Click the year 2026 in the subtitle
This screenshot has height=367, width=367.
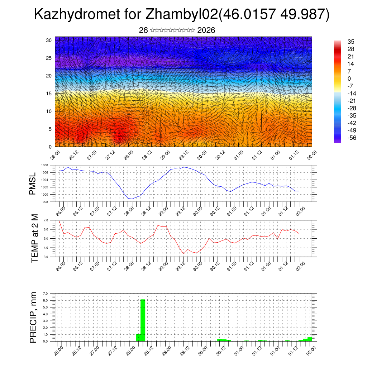click(x=206, y=30)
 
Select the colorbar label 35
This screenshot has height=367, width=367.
click(x=351, y=42)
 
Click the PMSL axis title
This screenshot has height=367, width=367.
click(x=33, y=183)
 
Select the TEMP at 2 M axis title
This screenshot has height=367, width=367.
click(x=34, y=239)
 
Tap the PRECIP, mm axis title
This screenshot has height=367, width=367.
click(x=33, y=317)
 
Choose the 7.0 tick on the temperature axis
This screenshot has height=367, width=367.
click(x=46, y=220)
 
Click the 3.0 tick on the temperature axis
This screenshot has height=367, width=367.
click(x=46, y=257)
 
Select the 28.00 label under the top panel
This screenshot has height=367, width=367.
click(x=129, y=154)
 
